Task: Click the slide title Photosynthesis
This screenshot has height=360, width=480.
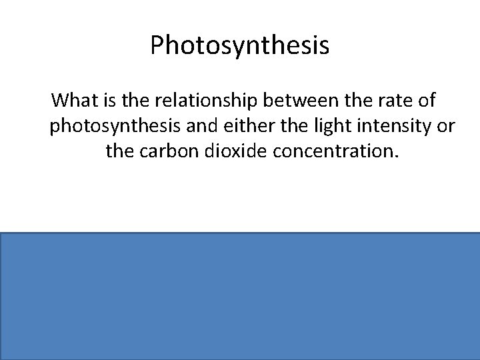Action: coord(239,45)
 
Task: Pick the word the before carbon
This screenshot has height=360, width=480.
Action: coord(120,153)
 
